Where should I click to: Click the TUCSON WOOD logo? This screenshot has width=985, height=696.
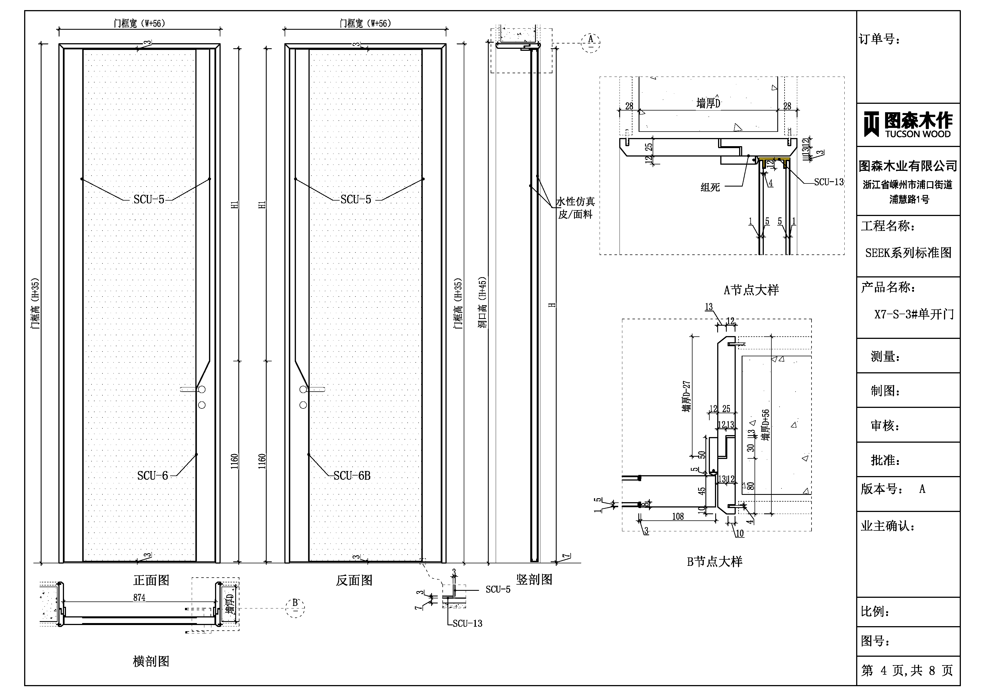908,124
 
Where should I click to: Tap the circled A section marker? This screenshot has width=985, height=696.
590,42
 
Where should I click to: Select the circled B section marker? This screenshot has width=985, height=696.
295,607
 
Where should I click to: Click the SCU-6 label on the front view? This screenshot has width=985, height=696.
152,476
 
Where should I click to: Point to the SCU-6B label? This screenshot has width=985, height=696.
352,476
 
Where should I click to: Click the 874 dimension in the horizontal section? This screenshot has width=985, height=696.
139,597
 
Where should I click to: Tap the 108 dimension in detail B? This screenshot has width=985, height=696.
678,516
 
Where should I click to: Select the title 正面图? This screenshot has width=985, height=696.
151,580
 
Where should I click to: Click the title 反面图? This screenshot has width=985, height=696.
354,580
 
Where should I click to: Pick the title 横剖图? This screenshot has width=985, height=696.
151,661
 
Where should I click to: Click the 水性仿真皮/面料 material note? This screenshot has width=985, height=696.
575,208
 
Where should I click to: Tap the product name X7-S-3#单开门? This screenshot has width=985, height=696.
914,314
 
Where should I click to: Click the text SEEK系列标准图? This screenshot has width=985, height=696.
908,253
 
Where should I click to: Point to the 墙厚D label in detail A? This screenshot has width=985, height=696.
708,103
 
